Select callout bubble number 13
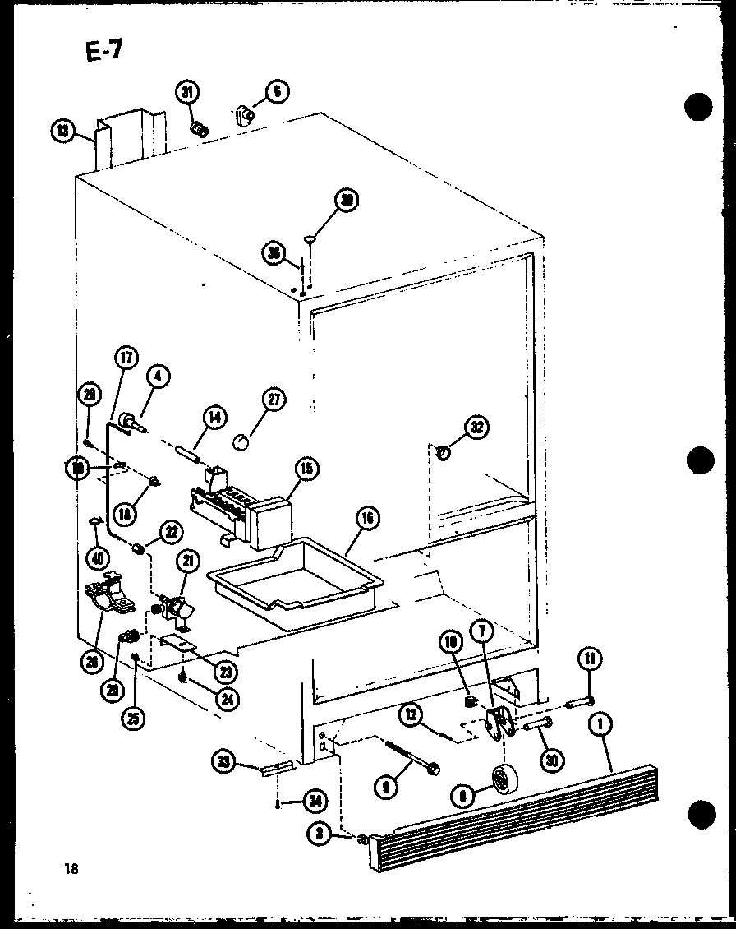point(62,130)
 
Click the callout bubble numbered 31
point(186,93)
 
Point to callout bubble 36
point(274,252)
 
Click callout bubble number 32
point(476,426)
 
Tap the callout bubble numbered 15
point(306,469)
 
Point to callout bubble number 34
point(311,798)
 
